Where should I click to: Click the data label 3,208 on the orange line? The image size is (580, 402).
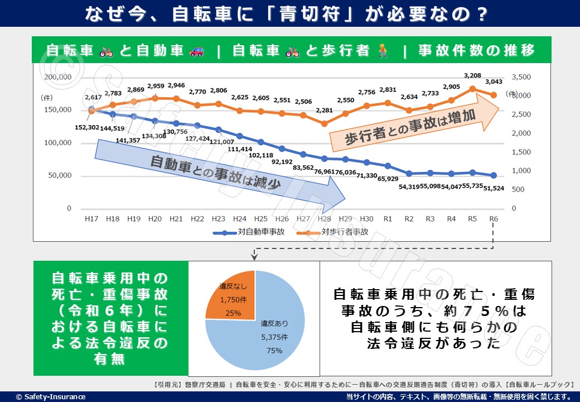tap(472, 75)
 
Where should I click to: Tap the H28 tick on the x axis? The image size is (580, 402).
tap(324, 219)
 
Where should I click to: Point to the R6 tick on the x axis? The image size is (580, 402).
tap(494, 219)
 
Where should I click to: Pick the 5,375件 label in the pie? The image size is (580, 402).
tap(274, 337)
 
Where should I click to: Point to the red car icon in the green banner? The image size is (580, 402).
tap(196, 51)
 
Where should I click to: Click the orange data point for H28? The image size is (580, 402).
tap(324, 123)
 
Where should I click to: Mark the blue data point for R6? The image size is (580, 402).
tap(494, 175)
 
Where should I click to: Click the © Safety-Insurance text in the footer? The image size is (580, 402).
tap(51, 396)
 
